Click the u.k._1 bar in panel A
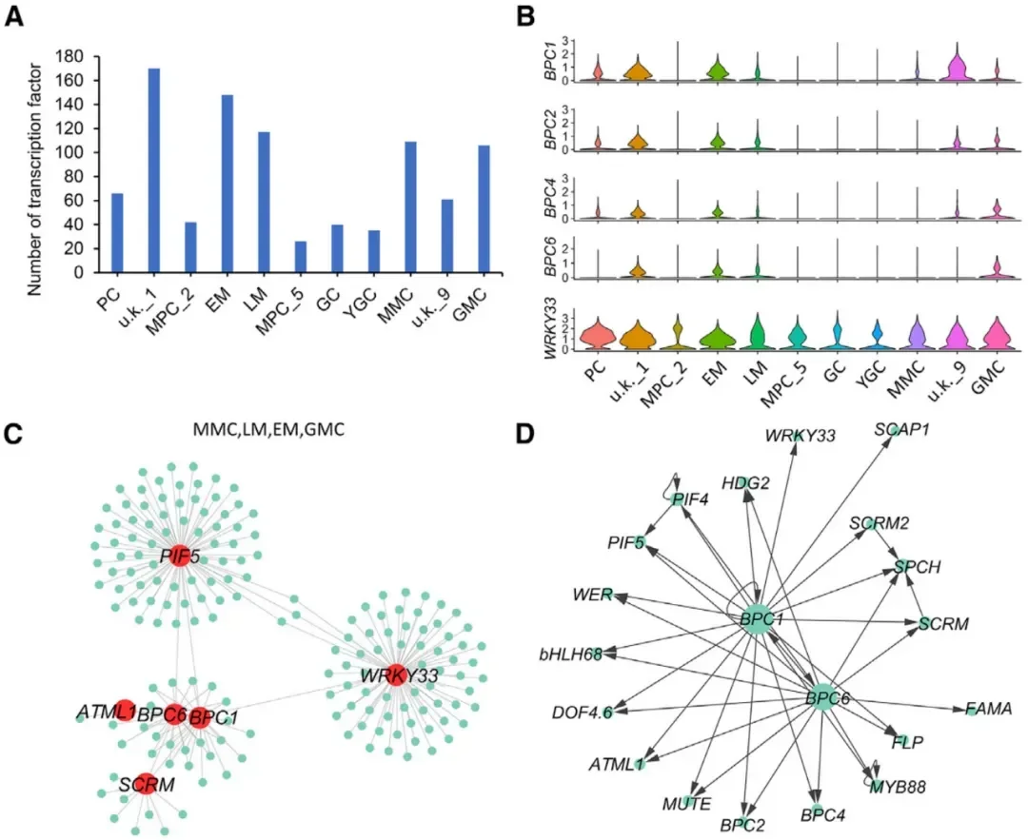point(154,170)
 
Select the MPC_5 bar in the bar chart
point(302,256)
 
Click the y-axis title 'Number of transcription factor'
point(35,165)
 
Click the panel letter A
point(16,16)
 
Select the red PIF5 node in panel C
point(179,556)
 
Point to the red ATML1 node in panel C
point(124,710)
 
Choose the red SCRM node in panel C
point(144,783)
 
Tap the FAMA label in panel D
point(988,709)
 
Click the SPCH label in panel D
point(917,567)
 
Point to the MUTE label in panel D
point(686,804)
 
